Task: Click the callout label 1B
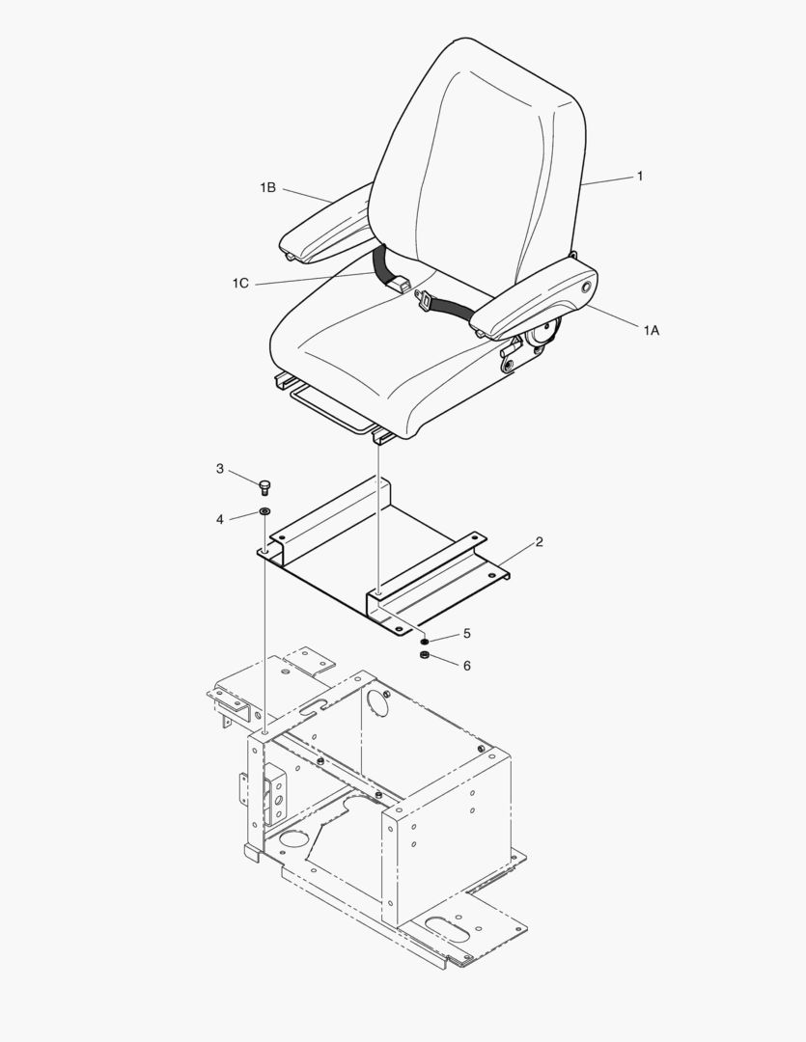[x=267, y=188]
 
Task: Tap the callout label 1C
[x=240, y=283]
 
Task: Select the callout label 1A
[x=652, y=330]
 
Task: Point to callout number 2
[x=539, y=542]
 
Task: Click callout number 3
[x=220, y=469]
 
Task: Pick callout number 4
[x=220, y=519]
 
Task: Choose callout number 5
[x=466, y=634]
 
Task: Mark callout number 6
[x=467, y=666]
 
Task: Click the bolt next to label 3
[x=264, y=486]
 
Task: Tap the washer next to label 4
[x=264, y=510]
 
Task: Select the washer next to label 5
[x=423, y=641]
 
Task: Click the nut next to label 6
[x=423, y=657]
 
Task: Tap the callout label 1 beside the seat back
[x=639, y=177]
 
